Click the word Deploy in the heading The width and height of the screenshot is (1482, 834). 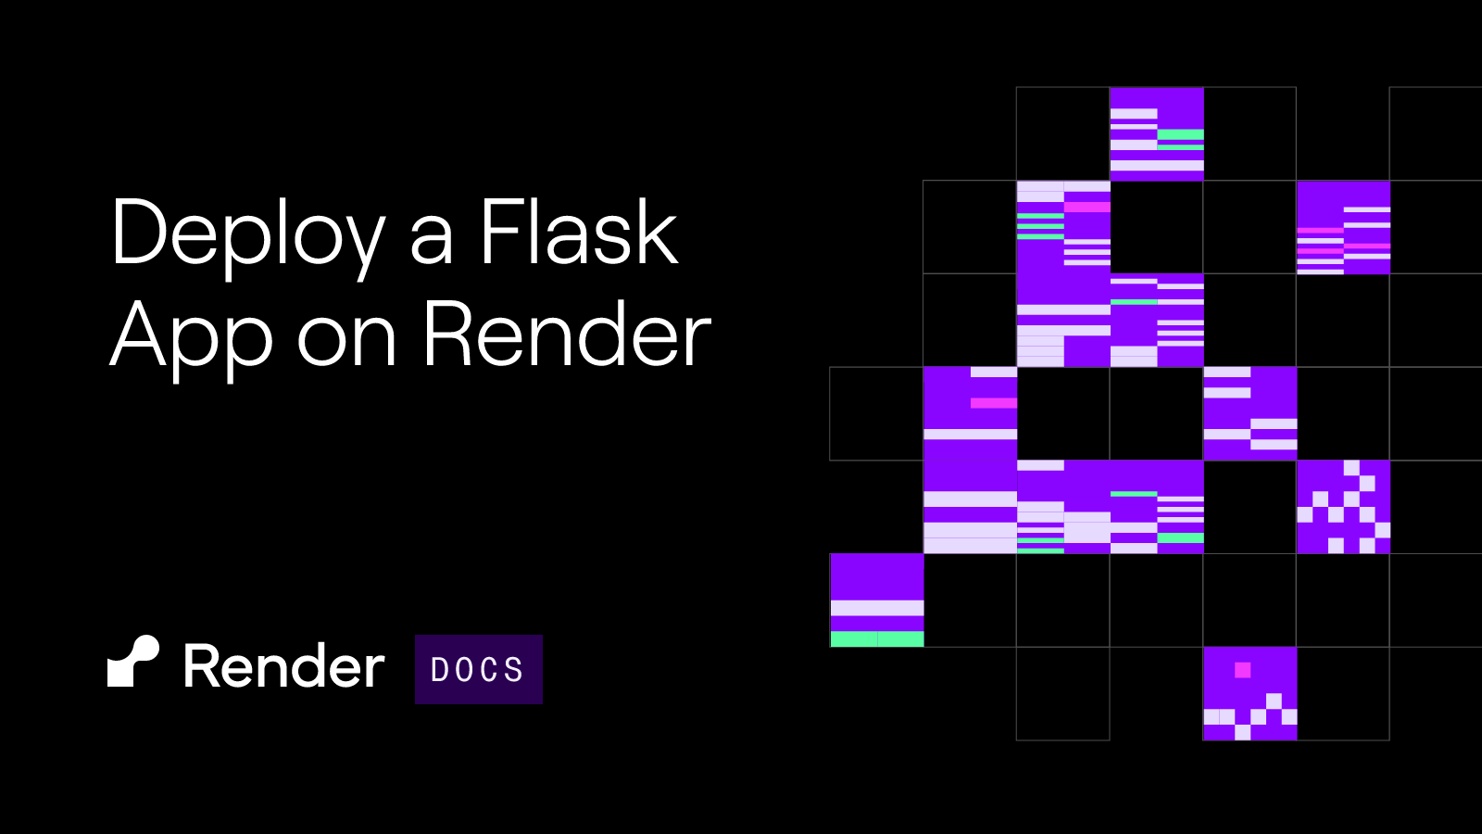pos(249,237)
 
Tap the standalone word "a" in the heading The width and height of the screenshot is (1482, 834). pos(432,242)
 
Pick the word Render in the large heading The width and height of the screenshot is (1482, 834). pos(568,334)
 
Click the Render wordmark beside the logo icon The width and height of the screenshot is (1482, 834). pos(284,666)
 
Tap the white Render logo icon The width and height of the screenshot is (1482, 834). pos(133,662)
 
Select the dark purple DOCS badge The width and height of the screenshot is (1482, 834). pos(478,669)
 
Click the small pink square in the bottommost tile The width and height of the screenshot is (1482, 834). pos(1242,670)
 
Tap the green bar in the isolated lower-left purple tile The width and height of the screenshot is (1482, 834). pos(876,638)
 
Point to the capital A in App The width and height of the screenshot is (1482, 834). pos(138,334)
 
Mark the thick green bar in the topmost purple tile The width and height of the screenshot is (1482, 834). pos(1180,134)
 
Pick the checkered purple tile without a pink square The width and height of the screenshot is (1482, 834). pos(1343,506)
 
